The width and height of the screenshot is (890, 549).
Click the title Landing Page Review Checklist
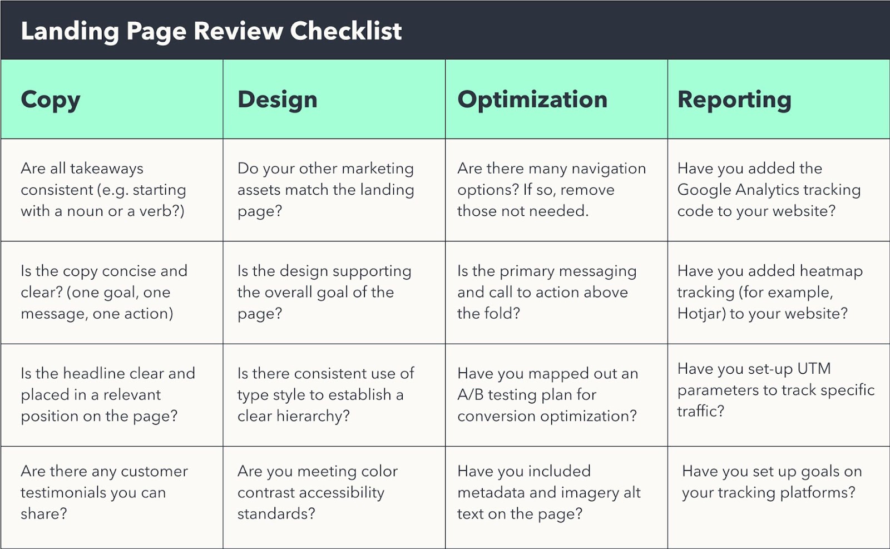pos(211,31)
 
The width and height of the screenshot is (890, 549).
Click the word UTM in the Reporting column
pos(814,369)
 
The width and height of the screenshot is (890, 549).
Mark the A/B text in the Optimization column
pos(470,395)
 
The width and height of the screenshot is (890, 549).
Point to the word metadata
pos(491,493)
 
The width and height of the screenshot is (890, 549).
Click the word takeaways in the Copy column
pos(106,169)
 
